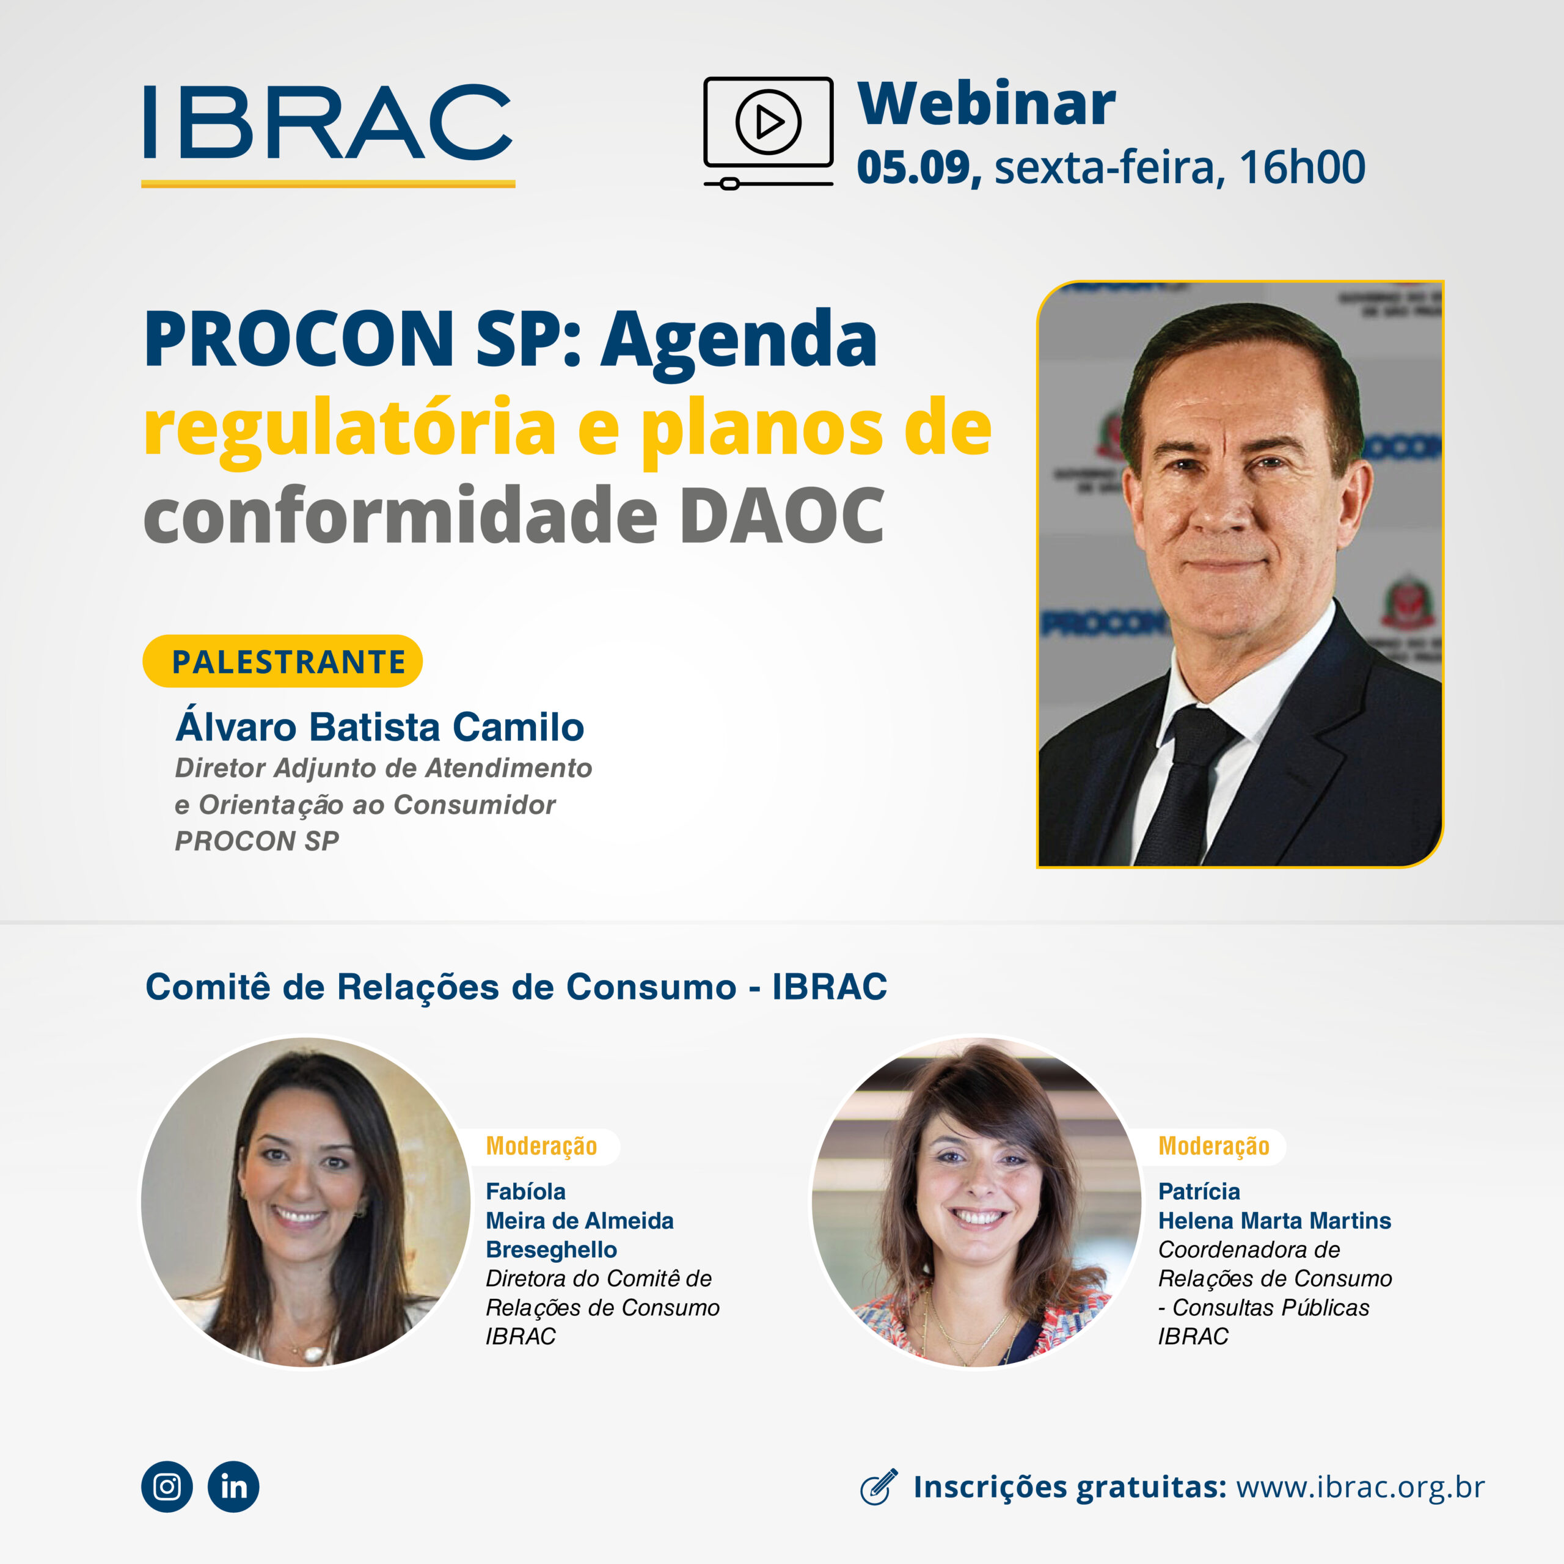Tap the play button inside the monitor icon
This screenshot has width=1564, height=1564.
[768, 122]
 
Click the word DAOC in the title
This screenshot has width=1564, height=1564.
[781, 516]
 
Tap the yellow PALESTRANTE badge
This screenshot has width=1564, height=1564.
[282, 662]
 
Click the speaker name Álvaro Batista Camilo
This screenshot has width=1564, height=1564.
[379, 726]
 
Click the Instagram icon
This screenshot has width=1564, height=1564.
[167, 1486]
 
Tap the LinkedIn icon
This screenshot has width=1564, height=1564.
[233, 1486]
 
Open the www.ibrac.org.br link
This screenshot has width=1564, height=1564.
[1360, 1487]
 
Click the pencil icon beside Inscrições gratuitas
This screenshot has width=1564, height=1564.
[879, 1487]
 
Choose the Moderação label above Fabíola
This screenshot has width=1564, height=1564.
[541, 1146]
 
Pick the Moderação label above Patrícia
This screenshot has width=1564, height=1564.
[1213, 1146]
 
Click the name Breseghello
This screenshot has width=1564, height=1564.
[551, 1249]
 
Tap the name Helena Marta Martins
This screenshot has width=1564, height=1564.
[1274, 1220]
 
